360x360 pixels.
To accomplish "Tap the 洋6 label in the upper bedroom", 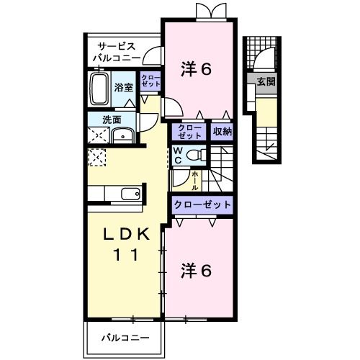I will tap(196, 70).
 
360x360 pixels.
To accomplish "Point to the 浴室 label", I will tap(124, 87).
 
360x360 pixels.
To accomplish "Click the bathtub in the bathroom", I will tap(100, 89).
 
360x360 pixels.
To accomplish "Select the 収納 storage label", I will tap(221, 131).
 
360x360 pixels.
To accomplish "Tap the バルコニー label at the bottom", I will tap(124, 337).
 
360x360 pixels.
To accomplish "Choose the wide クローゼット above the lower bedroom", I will tap(202, 204).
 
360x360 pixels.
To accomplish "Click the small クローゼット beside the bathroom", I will tap(150, 81).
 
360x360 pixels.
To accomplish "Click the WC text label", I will tap(177, 155).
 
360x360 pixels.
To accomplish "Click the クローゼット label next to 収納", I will tap(190, 131).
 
